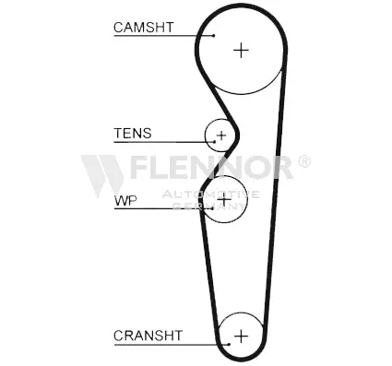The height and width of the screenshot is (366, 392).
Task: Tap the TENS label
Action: pos(132,134)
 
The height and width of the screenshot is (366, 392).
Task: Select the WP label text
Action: pos(125,199)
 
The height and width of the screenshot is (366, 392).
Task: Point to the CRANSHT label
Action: pos(148,335)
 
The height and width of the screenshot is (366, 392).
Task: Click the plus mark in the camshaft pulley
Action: pos(241,49)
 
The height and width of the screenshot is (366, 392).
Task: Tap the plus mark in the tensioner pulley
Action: pos(220,136)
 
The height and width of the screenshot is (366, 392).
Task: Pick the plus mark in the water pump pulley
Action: pos(225,199)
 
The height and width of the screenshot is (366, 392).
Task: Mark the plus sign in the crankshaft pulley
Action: pos(242,336)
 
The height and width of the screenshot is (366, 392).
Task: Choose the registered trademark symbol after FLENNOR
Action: pos(304,161)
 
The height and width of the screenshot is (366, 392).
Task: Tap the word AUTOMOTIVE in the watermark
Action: pos(211,194)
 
